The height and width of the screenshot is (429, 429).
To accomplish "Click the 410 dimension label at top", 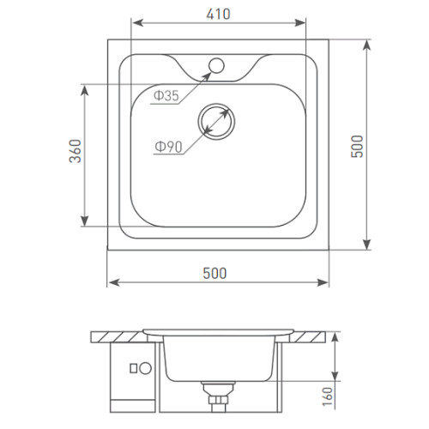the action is pos(218,14).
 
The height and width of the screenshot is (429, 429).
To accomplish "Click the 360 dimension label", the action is pos(76,151).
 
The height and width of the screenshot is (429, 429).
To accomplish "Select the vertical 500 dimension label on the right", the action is pos(357,146).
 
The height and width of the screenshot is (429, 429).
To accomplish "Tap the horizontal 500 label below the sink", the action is pos(214,273).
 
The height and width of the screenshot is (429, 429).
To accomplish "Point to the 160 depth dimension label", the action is pos(328,396).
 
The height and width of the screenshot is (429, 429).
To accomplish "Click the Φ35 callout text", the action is pos(166,95).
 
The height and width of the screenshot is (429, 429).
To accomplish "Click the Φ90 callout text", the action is pos(168,147).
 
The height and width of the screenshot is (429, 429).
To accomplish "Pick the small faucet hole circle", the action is pos(216,65).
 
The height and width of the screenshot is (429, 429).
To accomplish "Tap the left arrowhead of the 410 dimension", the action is pos(138,22).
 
